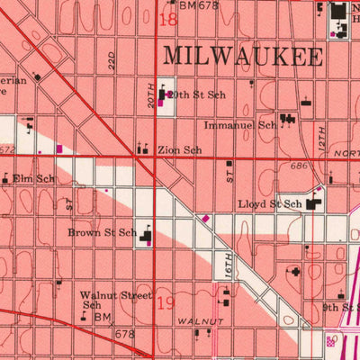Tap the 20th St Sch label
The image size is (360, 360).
click(199, 94)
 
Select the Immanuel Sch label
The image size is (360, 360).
click(240, 125)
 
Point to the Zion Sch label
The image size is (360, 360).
click(179, 150)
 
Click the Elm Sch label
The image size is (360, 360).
click(34, 179)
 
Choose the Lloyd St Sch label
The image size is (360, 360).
click(269, 205)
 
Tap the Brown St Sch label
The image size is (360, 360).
click(102, 232)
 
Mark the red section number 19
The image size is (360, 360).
click(166, 302)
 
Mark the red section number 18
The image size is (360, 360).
click(167, 18)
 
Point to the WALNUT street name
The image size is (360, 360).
click(199, 320)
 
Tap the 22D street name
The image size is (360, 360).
click(112, 60)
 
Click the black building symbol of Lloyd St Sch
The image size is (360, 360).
click(312, 205)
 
